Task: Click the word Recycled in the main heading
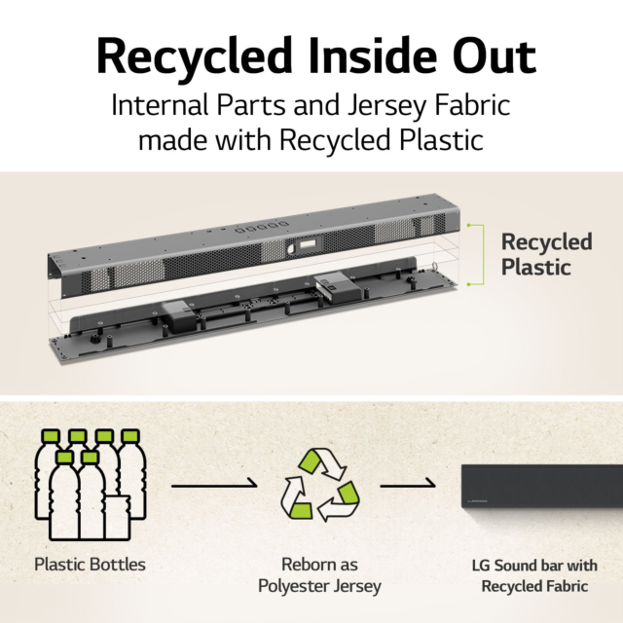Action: pyautogui.click(x=195, y=56)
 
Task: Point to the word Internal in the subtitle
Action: pyautogui.click(x=160, y=105)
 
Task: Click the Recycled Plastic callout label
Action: pyautogui.click(x=546, y=254)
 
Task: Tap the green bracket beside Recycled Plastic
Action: pyautogui.click(x=483, y=255)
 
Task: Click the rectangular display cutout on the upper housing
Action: pyautogui.click(x=308, y=244)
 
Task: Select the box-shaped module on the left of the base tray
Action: pyautogui.click(x=179, y=315)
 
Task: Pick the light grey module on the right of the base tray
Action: pyautogui.click(x=338, y=288)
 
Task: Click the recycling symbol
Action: pyautogui.click(x=320, y=485)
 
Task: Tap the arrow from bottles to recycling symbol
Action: pyautogui.click(x=214, y=485)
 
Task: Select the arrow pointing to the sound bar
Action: pyautogui.click(x=408, y=485)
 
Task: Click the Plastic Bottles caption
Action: pyautogui.click(x=91, y=565)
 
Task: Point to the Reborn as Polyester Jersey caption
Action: pyautogui.click(x=320, y=575)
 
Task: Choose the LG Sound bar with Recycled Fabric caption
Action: pyautogui.click(x=534, y=575)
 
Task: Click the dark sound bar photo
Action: pyautogui.click(x=542, y=486)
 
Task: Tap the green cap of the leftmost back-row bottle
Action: pyautogui.click(x=51, y=436)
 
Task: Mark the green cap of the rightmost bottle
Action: pyautogui.click(x=129, y=436)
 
